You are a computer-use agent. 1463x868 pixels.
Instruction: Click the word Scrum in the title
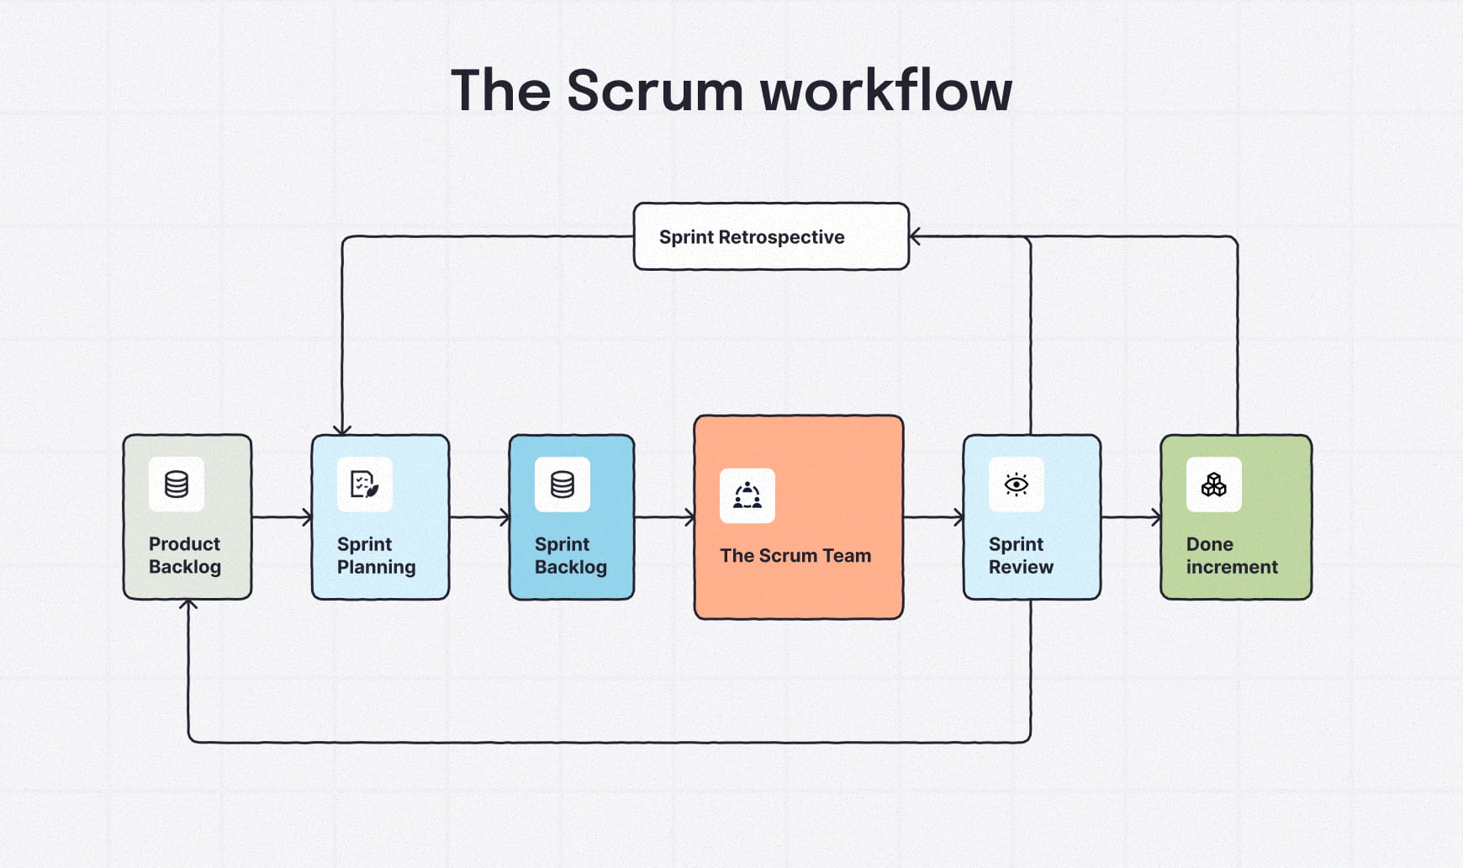[x=655, y=91]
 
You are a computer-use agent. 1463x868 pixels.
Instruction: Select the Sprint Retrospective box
[x=770, y=236]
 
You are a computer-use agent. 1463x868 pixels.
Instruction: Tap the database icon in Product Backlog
[x=177, y=484]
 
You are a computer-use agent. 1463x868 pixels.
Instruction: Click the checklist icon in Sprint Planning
[x=364, y=484]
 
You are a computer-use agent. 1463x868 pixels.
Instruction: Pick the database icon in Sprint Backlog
[x=562, y=484]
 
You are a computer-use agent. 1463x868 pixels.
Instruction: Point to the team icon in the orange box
[x=747, y=495]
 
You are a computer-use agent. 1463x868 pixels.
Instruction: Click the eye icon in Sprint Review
[x=1017, y=484]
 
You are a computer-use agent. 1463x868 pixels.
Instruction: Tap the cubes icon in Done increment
[x=1213, y=484]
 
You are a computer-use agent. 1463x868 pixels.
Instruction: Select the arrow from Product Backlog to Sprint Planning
[x=282, y=517]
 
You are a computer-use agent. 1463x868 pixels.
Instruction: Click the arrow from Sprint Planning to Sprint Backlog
[x=479, y=517]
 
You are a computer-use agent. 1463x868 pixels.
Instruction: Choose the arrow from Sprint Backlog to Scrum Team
[x=664, y=517]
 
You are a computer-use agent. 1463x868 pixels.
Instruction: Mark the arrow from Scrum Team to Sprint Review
[x=933, y=517]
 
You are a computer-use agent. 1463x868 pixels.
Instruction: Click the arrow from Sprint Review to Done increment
[x=1131, y=517]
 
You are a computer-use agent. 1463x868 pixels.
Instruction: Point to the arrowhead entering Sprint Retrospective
[x=916, y=236]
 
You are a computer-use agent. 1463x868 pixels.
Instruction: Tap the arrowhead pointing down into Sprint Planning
[x=342, y=429]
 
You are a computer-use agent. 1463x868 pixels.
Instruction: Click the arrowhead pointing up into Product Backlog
[x=188, y=606]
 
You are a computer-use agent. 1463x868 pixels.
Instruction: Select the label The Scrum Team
[x=795, y=555]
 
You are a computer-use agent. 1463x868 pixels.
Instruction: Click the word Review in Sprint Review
[x=1021, y=567]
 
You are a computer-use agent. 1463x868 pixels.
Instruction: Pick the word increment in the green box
[x=1232, y=567]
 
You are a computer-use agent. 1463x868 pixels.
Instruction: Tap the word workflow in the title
[x=886, y=91]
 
